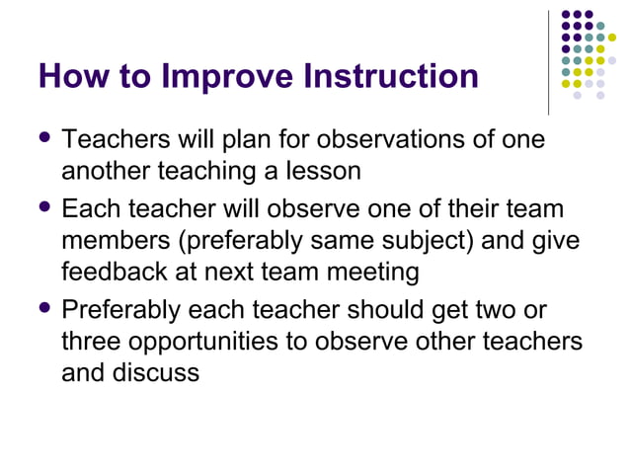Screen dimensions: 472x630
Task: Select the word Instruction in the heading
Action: [x=392, y=76]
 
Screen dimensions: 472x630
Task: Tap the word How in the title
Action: [x=73, y=76]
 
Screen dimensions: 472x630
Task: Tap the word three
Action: [x=92, y=343]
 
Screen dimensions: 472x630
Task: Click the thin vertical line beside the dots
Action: [x=548, y=62]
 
